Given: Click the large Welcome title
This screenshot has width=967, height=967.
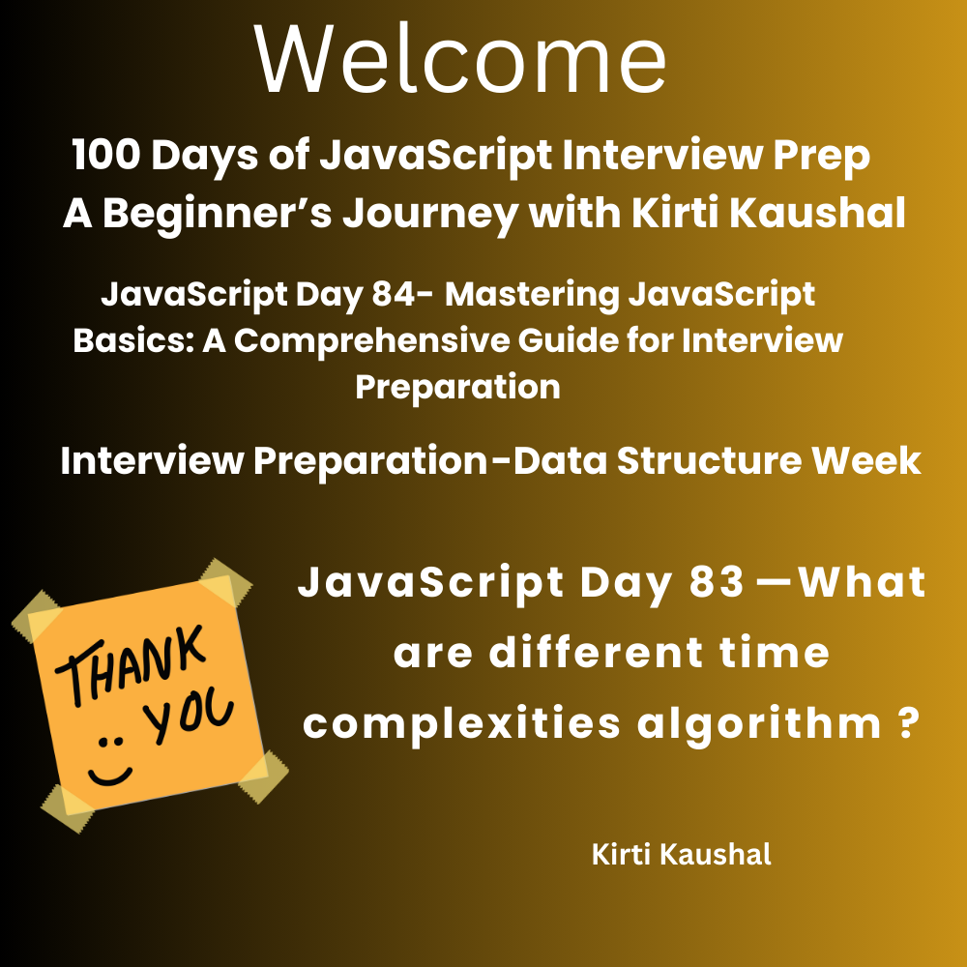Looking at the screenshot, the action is (x=460, y=60).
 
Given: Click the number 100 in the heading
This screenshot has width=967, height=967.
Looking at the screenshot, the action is (x=106, y=154).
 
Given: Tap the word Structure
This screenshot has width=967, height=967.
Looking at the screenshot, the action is (x=709, y=460).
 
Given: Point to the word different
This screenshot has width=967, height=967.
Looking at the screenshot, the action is (x=597, y=653).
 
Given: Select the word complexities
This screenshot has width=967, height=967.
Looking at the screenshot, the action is (x=461, y=724).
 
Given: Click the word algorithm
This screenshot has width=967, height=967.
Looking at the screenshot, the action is (x=759, y=724).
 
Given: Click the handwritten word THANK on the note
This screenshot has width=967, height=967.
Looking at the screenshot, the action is (x=130, y=665).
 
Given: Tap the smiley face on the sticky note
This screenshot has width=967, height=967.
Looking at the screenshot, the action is (x=110, y=762).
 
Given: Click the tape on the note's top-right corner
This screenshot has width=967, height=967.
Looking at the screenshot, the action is (x=225, y=583).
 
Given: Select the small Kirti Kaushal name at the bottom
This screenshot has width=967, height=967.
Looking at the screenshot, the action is (x=682, y=855).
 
